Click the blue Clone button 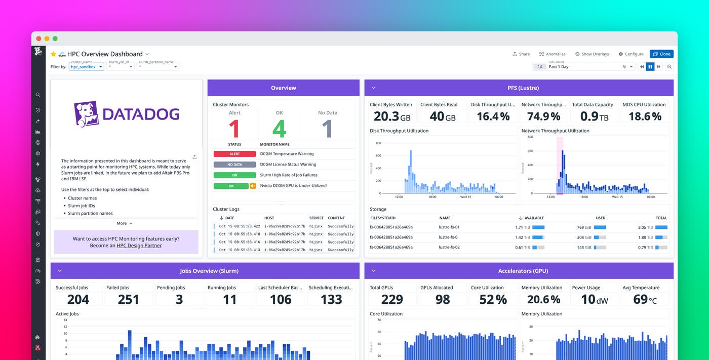click(661, 54)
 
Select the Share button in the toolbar click(521, 54)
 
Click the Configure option click(631, 54)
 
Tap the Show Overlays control click(592, 54)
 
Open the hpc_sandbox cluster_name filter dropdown click(87, 67)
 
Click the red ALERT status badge click(234, 154)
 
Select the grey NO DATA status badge click(234, 165)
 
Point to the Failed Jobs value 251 click(129, 299)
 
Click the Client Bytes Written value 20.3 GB click(391, 116)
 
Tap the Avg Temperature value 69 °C click(645, 299)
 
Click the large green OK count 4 click(279, 129)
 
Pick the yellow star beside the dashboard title click(53, 54)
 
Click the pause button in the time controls click(650, 67)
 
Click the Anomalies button click(552, 54)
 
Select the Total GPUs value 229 click(391, 299)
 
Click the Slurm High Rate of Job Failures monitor click(289, 175)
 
